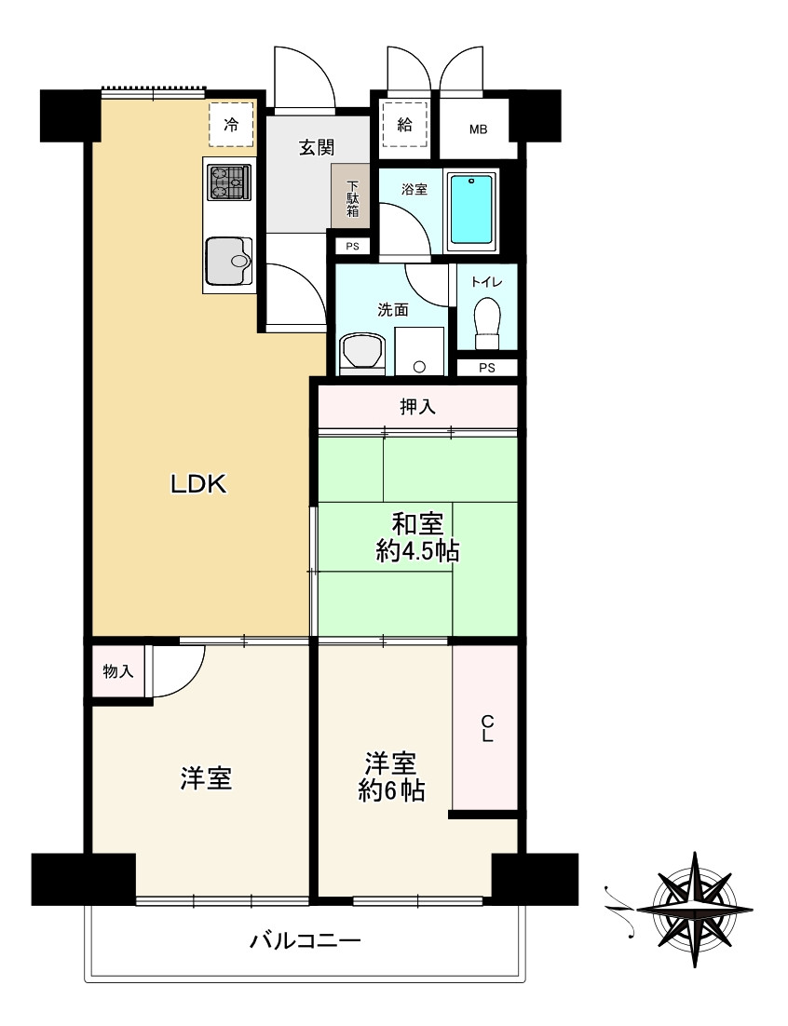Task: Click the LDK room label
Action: click(x=198, y=483)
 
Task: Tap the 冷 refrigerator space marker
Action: click(x=230, y=125)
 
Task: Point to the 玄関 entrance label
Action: click(x=316, y=146)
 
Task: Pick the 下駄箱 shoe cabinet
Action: click(x=352, y=196)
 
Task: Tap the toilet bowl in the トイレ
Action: click(x=486, y=320)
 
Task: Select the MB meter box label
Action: click(x=478, y=128)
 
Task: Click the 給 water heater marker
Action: click(x=404, y=125)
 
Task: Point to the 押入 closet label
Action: click(x=418, y=406)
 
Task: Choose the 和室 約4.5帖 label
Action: click(x=416, y=537)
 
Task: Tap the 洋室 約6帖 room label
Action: click(x=391, y=777)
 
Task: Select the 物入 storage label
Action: click(x=118, y=670)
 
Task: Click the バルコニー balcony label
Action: click(x=305, y=941)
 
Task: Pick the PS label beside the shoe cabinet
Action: click(x=352, y=247)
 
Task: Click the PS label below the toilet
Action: click(x=486, y=367)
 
